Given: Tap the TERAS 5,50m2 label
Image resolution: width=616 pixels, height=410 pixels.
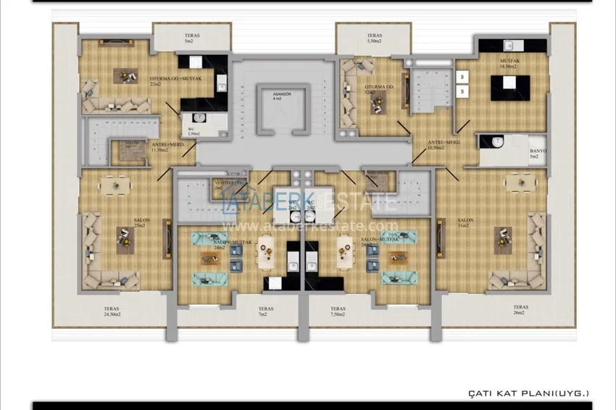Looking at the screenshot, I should point(374,38).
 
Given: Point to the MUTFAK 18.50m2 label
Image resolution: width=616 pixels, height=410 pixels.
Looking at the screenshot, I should point(509,64).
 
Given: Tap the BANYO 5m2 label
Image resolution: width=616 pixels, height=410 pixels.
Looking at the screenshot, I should point(538,154).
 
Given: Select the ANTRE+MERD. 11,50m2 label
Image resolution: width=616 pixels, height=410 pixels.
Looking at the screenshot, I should point(167,146).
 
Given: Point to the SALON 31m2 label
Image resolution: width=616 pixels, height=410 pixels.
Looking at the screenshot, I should point(465,222).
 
